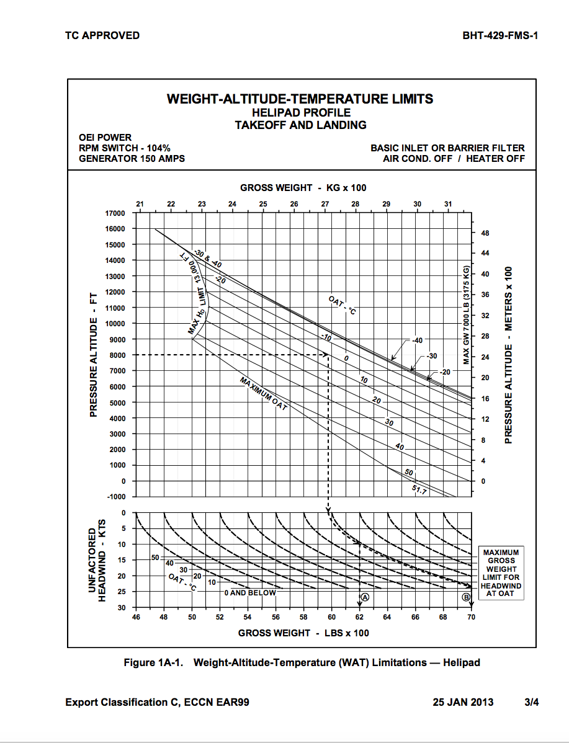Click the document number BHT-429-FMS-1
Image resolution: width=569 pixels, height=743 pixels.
tap(500, 35)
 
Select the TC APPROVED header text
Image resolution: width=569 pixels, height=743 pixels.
tap(102, 35)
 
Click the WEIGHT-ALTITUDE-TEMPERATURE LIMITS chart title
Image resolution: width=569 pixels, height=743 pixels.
tap(300, 99)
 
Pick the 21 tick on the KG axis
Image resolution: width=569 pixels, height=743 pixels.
tap(140, 204)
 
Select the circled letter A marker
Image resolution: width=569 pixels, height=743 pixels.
tap(365, 597)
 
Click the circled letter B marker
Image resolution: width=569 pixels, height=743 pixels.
tap(466, 597)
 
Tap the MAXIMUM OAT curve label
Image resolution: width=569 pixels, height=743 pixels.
tap(263, 393)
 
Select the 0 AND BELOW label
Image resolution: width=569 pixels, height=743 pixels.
tap(249, 592)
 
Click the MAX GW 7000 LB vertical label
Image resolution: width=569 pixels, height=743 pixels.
tap(466, 316)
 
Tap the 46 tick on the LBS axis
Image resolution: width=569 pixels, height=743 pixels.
tap(136, 617)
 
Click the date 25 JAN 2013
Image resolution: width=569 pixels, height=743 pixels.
tap(463, 702)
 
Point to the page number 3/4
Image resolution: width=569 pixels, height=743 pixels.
tap(531, 702)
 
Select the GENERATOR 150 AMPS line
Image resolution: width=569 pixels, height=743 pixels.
tap(132, 158)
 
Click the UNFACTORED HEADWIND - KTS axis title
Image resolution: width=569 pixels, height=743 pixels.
tap(97, 559)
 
